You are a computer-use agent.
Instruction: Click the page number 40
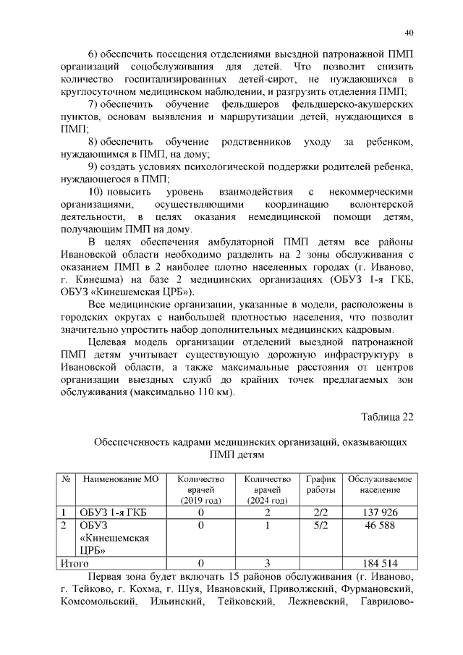(x=409, y=33)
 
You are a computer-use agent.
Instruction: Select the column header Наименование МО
(x=121, y=479)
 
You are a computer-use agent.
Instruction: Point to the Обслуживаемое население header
(x=380, y=485)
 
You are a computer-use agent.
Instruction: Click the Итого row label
(x=75, y=562)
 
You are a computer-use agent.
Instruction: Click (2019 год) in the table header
(x=200, y=501)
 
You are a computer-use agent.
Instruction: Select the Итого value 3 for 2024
(x=267, y=562)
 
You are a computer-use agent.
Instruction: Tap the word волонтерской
(x=379, y=205)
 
